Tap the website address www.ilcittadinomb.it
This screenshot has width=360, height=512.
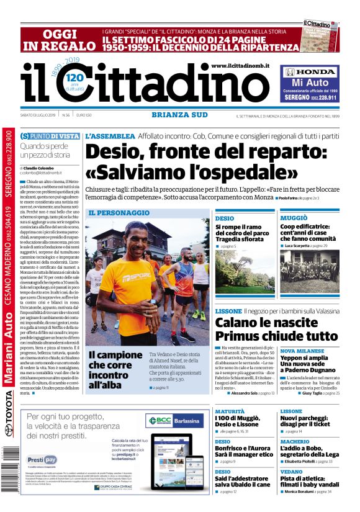pos(249,66)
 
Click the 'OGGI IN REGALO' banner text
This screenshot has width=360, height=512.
pos(60,40)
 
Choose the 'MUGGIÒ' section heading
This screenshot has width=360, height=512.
pos(294,218)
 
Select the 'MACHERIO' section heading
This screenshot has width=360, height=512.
pos(295,441)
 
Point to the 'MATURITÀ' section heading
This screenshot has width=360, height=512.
pos(230,411)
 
